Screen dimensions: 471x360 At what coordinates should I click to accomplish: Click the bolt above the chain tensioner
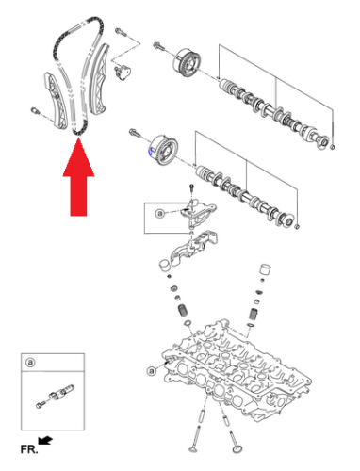[x=119, y=33]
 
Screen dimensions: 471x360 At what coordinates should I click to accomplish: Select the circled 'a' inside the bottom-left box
[x=30, y=362]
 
